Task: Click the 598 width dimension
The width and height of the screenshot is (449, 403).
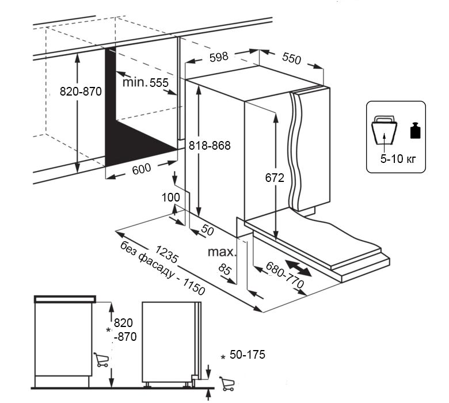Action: pyautogui.click(x=219, y=56)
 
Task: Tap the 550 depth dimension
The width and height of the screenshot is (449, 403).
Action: pyautogui.click(x=292, y=58)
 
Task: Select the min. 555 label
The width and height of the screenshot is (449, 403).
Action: pyautogui.click(x=146, y=82)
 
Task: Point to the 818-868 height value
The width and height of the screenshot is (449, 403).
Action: pyautogui.click(x=210, y=146)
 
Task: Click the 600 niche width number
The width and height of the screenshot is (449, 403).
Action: pyautogui.click(x=141, y=169)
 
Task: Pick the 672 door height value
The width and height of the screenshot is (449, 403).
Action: pyautogui.click(x=275, y=178)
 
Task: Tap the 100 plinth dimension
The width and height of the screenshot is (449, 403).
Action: pyautogui.click(x=171, y=197)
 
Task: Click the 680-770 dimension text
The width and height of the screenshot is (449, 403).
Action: pyautogui.click(x=284, y=276)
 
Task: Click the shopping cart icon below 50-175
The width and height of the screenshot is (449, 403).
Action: pyautogui.click(x=227, y=382)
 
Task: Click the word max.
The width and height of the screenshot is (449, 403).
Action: pyautogui.click(x=222, y=252)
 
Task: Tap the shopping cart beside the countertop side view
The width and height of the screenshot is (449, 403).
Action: pyautogui.click(x=101, y=360)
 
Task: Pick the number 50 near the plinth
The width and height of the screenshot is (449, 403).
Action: pyautogui.click(x=207, y=230)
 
